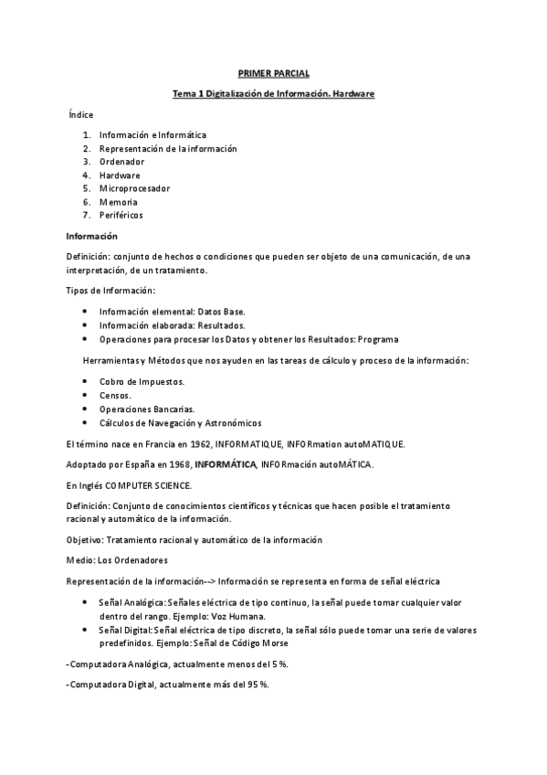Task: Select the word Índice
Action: click(x=80, y=114)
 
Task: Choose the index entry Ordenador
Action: click(x=121, y=162)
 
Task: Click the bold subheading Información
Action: click(x=91, y=236)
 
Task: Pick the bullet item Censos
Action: click(x=115, y=395)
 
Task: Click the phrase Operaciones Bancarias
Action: click(x=146, y=409)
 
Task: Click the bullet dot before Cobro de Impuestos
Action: click(x=85, y=381)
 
